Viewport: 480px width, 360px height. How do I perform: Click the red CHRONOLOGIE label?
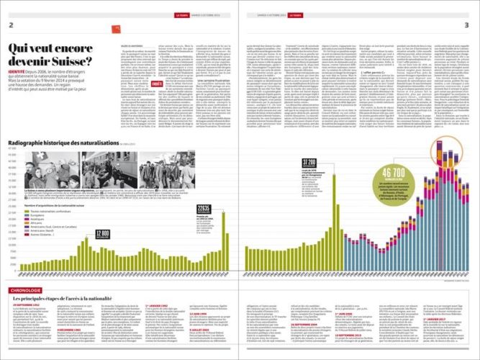tap(24, 290)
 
